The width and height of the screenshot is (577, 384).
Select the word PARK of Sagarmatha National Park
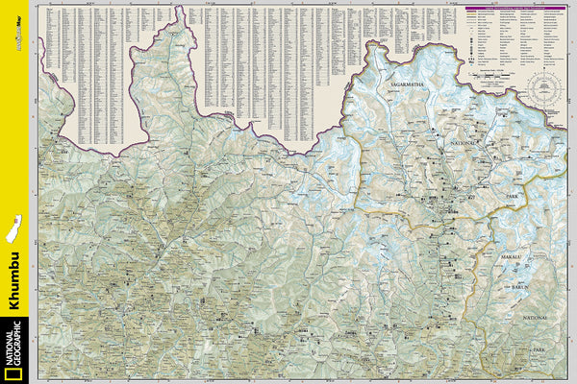pos(512,197)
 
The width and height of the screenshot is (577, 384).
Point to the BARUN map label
pos(521,285)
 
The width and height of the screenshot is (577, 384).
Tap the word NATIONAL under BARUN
pos(535,317)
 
